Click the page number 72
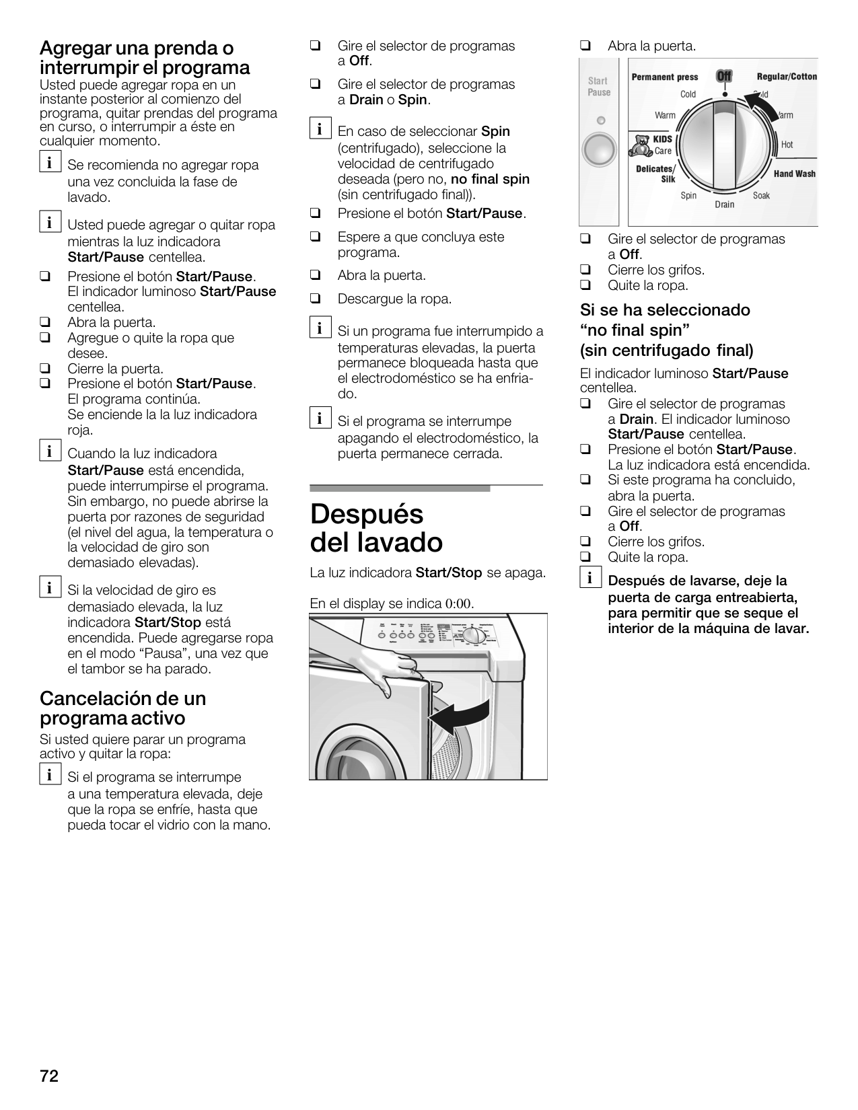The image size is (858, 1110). pyautogui.click(x=49, y=1076)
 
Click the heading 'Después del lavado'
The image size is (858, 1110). pyautogui.click(x=377, y=529)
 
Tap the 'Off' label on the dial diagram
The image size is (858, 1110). pyautogui.click(x=724, y=76)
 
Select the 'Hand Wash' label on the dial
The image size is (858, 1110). pyautogui.click(x=794, y=174)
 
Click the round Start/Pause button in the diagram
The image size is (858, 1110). pyautogui.click(x=599, y=149)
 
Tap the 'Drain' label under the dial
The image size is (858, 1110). pyautogui.click(x=725, y=204)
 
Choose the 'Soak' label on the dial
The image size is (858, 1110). pyautogui.click(x=761, y=196)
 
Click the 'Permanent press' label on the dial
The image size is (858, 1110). pyautogui.click(x=665, y=77)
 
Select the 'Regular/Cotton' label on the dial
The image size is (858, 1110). pyautogui.click(x=787, y=77)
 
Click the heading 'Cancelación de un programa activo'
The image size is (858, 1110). pyautogui.click(x=122, y=708)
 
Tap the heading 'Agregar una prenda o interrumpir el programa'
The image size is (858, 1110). pyautogui.click(x=145, y=58)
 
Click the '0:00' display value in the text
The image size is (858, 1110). pyautogui.click(x=458, y=603)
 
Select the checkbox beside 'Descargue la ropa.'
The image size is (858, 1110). pyautogui.click(x=314, y=298)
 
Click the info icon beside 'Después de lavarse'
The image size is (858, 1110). pyautogui.click(x=589, y=578)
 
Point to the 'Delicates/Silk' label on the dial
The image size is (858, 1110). pyautogui.click(x=657, y=174)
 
